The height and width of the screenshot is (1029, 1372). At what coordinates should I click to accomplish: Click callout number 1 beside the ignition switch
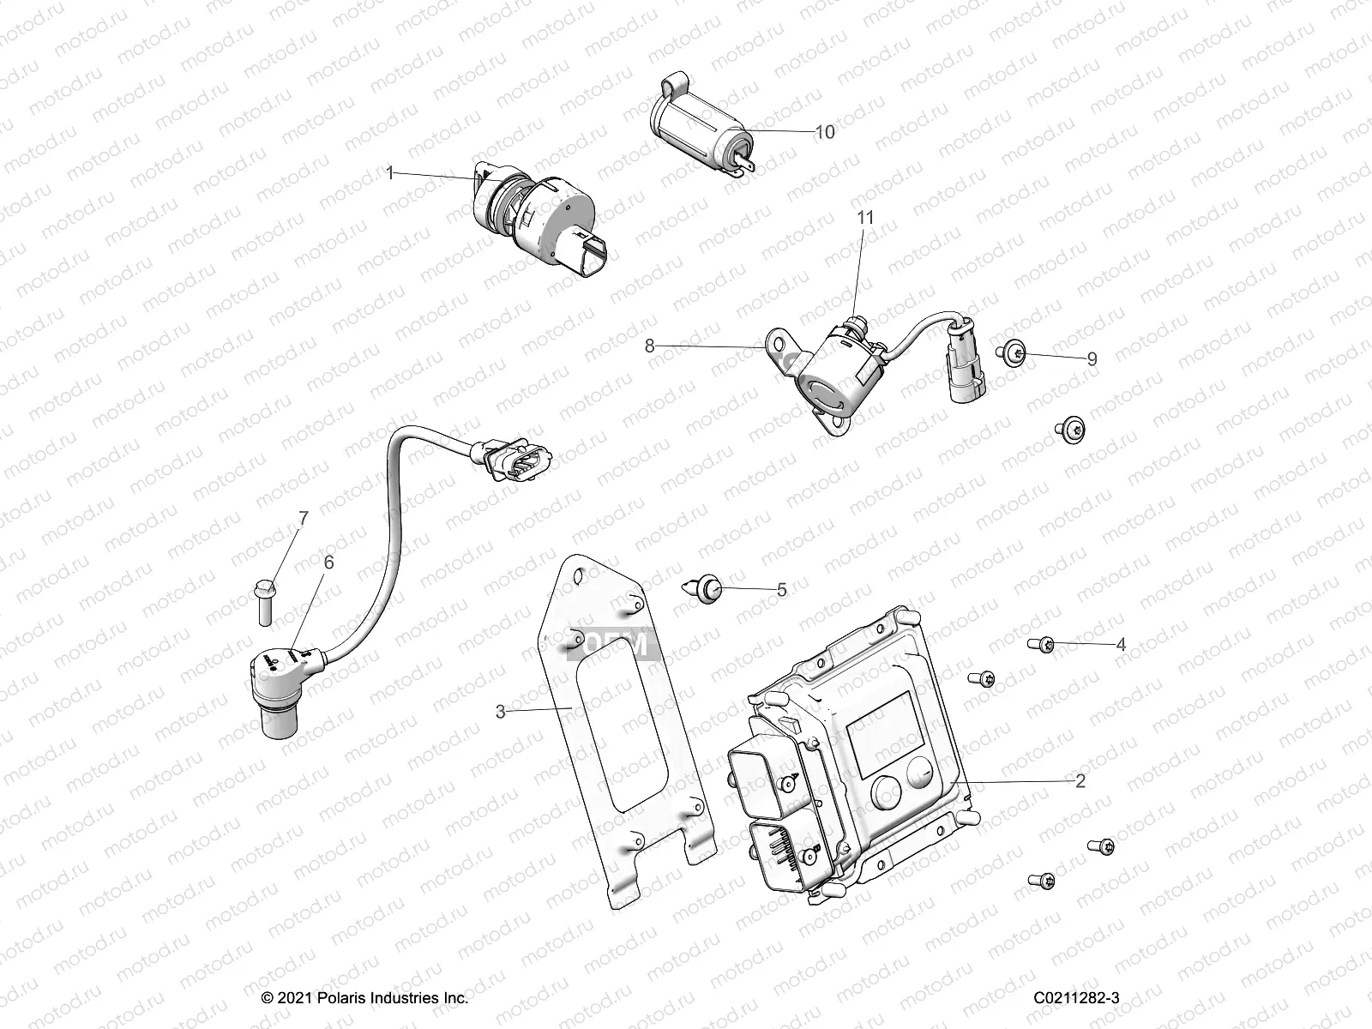coord(390,173)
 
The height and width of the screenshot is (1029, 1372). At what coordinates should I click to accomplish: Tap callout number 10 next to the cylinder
coord(824,132)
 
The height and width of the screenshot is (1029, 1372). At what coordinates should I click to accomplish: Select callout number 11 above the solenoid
coord(866,218)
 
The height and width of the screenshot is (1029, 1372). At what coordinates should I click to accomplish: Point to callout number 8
coord(650,346)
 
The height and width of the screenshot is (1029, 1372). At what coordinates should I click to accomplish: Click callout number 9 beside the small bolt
coord(1092,359)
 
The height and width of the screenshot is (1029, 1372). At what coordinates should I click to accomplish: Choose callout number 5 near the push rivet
coord(781,590)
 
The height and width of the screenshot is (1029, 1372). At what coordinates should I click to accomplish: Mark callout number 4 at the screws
coord(1120,645)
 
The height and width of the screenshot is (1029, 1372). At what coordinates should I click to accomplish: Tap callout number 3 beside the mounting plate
coord(501,711)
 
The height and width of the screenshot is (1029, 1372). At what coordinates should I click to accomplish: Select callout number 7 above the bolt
coord(303,518)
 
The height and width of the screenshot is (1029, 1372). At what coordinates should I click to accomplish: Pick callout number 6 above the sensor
coord(328,563)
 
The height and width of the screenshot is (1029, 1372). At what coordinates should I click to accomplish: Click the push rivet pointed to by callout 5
coord(706,589)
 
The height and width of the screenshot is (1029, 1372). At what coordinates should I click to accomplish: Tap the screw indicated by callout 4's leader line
coord(1040,643)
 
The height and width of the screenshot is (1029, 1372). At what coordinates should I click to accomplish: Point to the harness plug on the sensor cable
coord(515,460)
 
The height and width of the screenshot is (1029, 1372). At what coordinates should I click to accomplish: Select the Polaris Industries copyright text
coord(364,998)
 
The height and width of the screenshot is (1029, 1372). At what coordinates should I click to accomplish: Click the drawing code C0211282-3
coord(1076,998)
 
